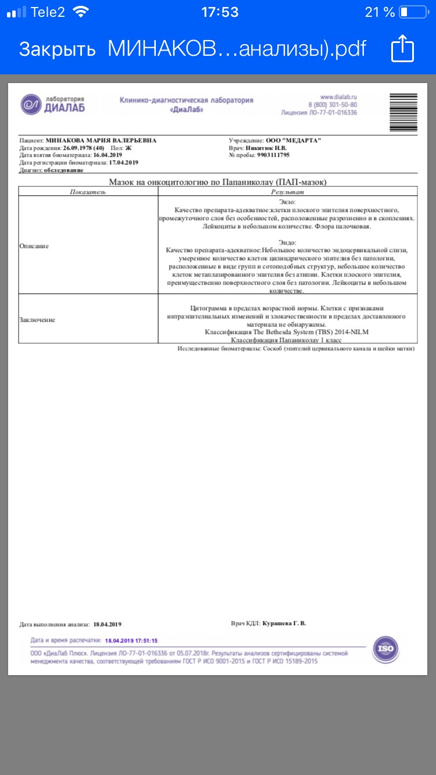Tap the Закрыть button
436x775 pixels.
click(57, 49)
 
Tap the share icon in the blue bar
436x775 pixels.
click(402, 48)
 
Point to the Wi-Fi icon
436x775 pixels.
click(82, 12)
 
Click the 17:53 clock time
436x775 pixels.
click(219, 12)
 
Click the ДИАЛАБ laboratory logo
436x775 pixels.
click(53, 104)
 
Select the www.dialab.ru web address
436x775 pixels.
click(338, 96)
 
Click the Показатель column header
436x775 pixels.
click(88, 191)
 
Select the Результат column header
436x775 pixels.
click(288, 191)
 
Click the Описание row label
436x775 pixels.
click(34, 246)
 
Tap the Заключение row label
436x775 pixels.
click(37, 320)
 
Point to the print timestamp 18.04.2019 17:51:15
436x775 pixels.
click(131, 641)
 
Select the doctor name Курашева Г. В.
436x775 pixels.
click(284, 623)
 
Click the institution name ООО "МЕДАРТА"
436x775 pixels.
click(293, 141)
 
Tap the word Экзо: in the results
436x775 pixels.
click(288, 200)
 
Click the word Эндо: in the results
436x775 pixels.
click(288, 242)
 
